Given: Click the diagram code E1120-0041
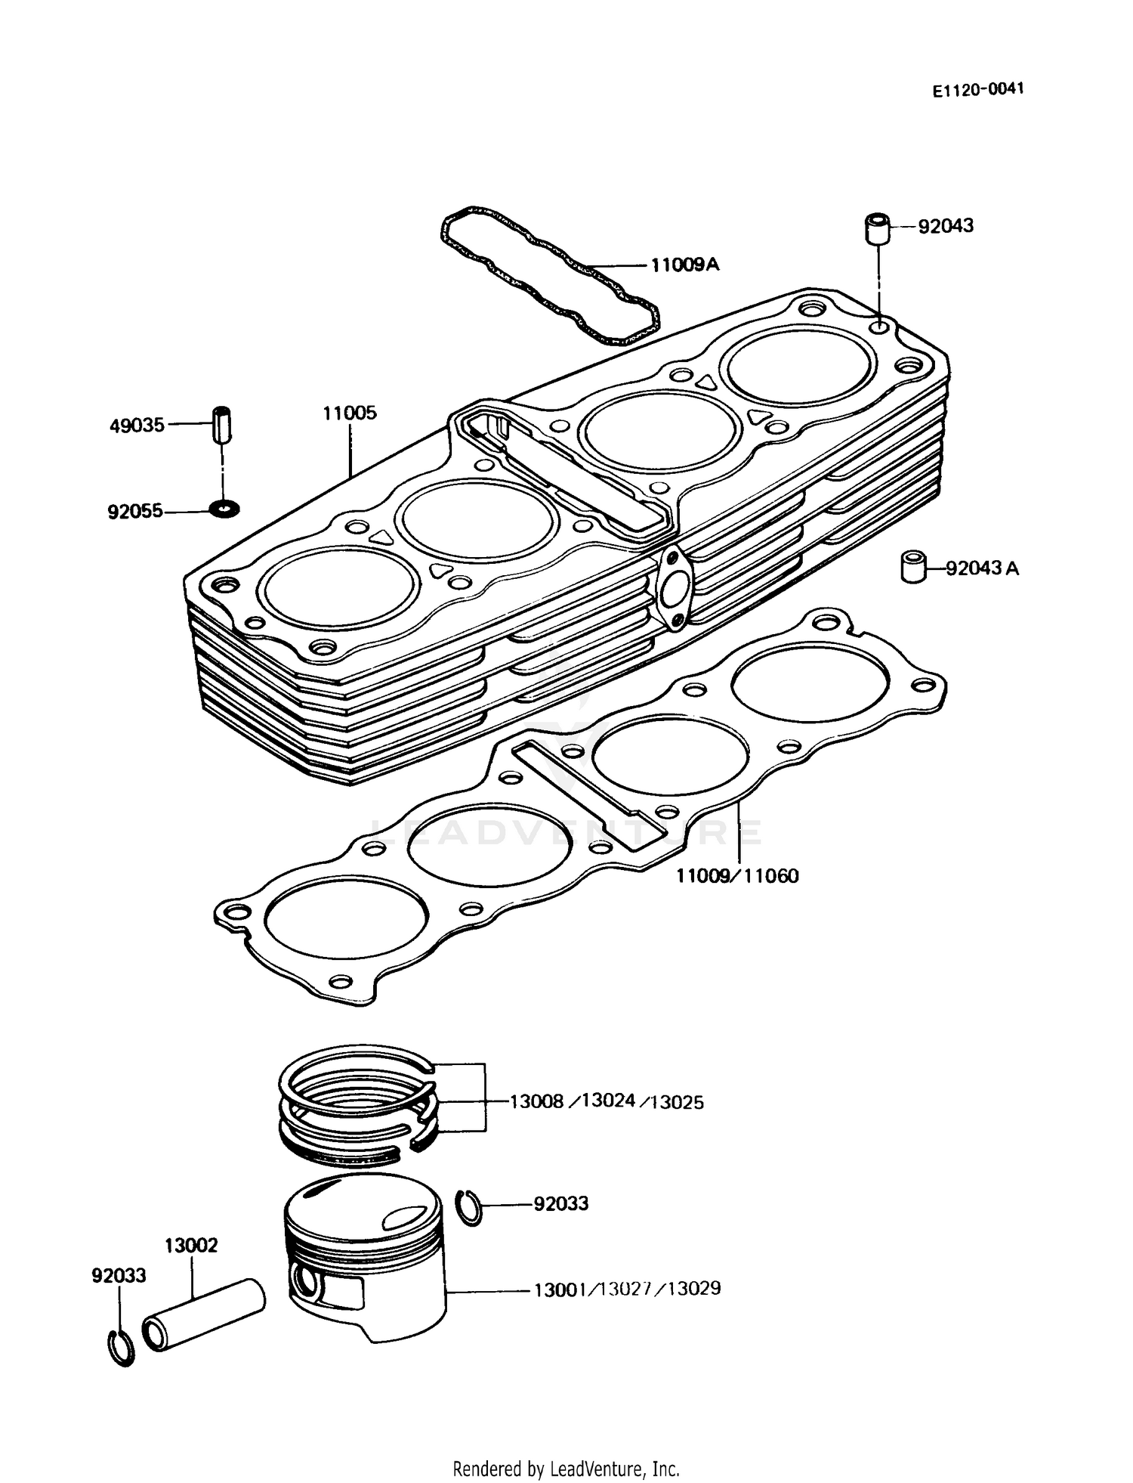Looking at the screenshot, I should [x=977, y=89].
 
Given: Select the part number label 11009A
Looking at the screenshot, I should [x=685, y=265].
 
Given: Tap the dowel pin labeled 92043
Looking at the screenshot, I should [x=877, y=230].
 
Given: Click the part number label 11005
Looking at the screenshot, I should [x=350, y=413].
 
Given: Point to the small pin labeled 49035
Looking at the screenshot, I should [x=222, y=426].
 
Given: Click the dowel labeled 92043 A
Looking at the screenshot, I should [x=913, y=568].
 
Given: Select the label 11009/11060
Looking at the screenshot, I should [x=736, y=876].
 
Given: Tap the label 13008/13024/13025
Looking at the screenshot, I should [x=606, y=1101].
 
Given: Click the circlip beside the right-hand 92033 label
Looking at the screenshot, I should [x=470, y=1206].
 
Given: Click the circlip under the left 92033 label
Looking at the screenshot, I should [x=119, y=1347].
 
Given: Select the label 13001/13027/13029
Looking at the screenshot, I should [x=627, y=1288].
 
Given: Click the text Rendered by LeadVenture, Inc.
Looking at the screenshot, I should [x=566, y=1469].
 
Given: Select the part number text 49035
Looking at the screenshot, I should [x=137, y=426].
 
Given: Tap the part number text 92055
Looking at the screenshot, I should [x=135, y=512].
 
